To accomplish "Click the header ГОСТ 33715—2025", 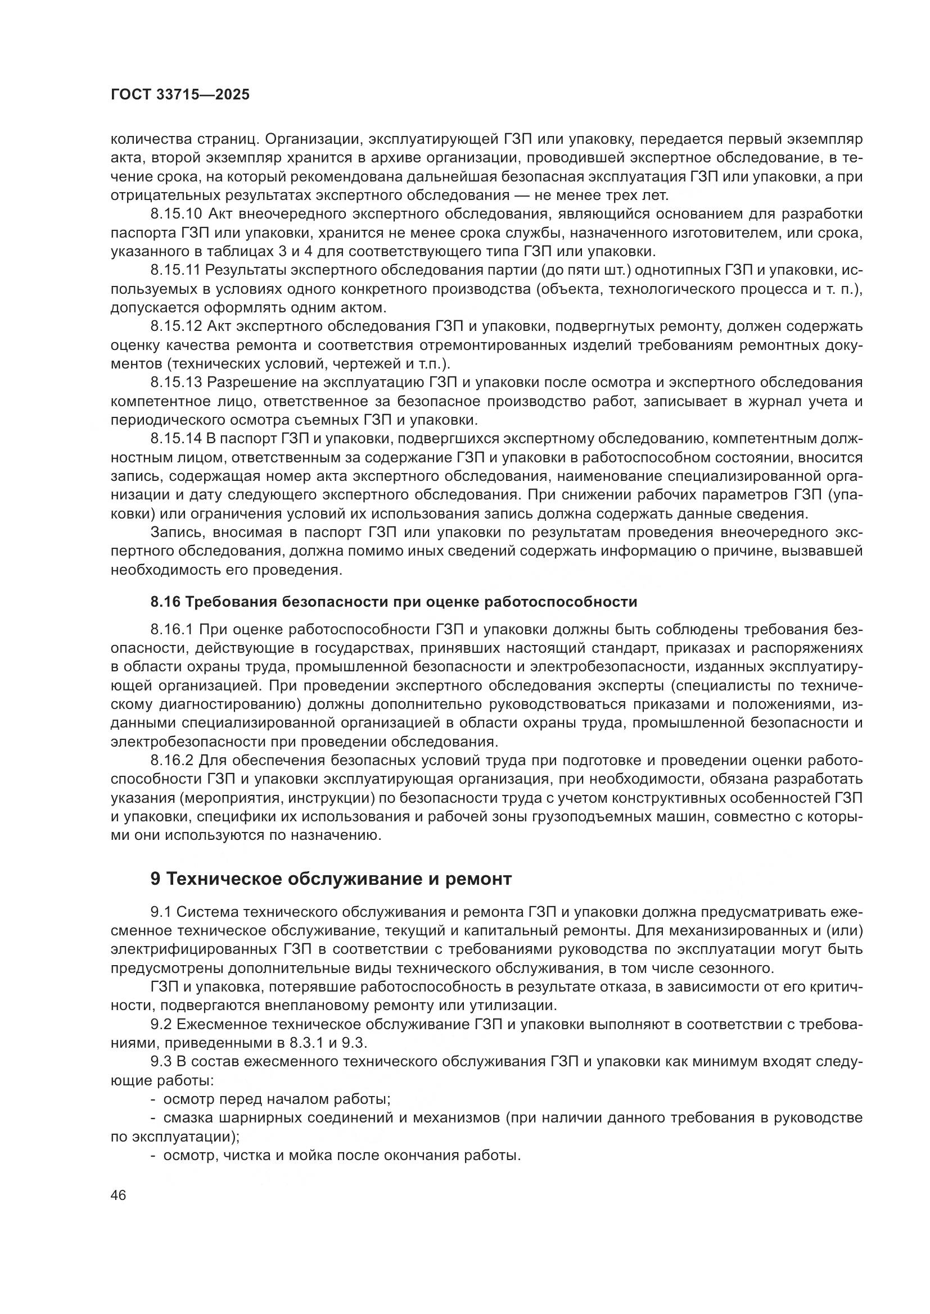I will point(180,95).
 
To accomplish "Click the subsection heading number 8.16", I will point(165,602).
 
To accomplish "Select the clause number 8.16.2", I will point(172,760).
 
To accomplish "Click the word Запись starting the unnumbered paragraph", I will point(175,531).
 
